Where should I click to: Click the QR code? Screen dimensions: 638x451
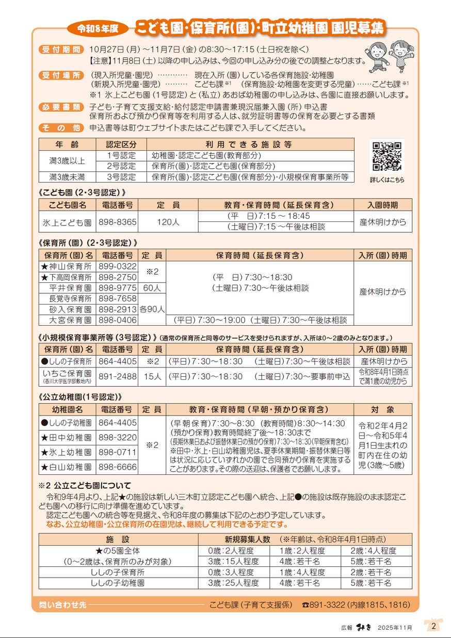click(x=387, y=156)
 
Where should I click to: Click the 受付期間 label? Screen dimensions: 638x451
click(x=60, y=50)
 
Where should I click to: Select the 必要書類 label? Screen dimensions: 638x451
click(x=60, y=107)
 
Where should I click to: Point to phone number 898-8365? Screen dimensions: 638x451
click(x=118, y=222)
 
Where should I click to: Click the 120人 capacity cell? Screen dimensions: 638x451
click(x=168, y=222)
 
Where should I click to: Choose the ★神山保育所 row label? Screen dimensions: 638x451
click(x=66, y=267)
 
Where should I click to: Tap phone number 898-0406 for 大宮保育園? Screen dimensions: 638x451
click(x=118, y=321)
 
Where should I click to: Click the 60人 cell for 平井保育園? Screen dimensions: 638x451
click(x=152, y=288)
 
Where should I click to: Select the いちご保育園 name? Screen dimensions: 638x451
click(x=66, y=373)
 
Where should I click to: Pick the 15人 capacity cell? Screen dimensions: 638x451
click(x=152, y=377)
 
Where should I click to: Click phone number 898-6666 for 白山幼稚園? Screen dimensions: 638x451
click(x=118, y=467)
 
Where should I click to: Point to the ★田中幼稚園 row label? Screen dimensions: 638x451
click(x=66, y=438)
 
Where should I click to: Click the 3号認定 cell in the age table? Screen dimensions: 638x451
click(x=121, y=177)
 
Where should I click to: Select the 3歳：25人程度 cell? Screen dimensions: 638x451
click(x=233, y=583)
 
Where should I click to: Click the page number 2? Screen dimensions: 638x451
click(x=433, y=626)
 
